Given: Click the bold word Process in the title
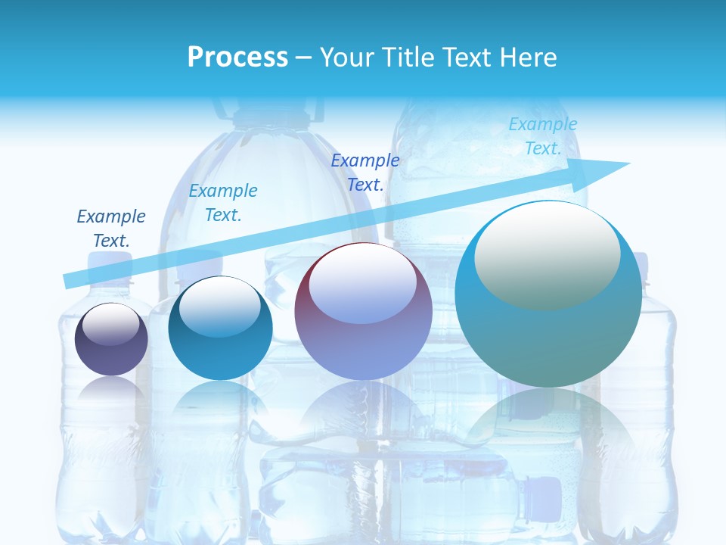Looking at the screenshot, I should pos(237,58).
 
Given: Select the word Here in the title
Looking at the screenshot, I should pos(529,58).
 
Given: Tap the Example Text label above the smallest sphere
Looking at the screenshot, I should pos(111,229).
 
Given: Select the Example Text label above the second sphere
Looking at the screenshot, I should pos(223,203).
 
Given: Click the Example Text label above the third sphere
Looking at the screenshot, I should pos(365,173).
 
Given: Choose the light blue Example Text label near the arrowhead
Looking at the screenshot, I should pos(543,136).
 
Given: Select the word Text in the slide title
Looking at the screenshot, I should pos(468,58).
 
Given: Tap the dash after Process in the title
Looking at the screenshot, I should pos(304,58).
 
